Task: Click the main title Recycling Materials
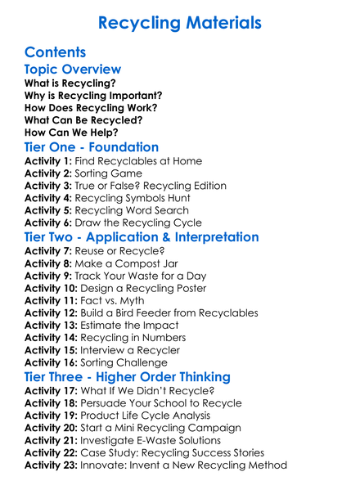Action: click(x=180, y=22)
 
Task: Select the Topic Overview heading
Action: click(x=73, y=70)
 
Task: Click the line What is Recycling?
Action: click(x=70, y=83)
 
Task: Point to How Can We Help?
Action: click(x=71, y=132)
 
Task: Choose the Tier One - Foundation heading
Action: click(x=92, y=147)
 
